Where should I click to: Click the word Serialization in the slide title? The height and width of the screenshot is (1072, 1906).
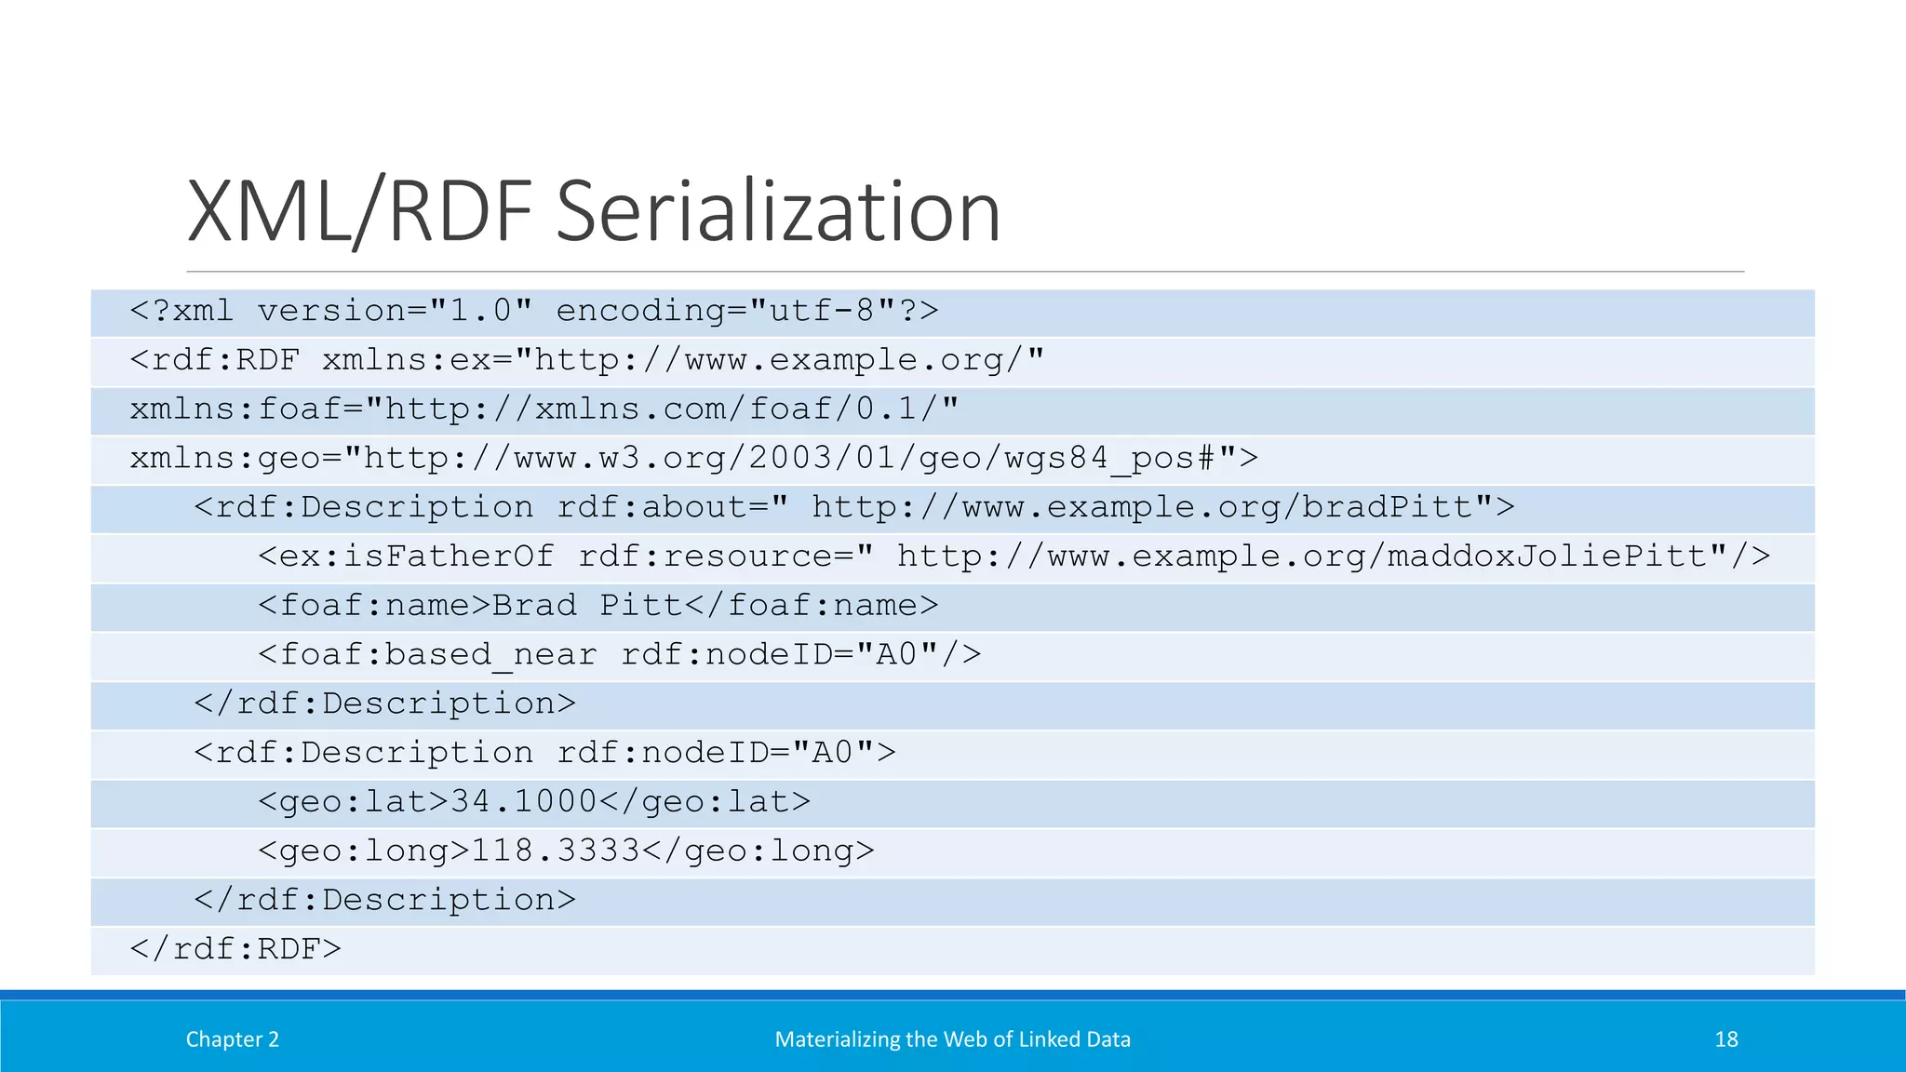(778, 212)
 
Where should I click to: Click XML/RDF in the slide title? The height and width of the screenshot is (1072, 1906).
(359, 212)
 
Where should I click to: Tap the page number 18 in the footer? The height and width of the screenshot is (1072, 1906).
(1725, 1039)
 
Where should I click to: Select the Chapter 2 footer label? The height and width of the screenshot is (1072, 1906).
(233, 1039)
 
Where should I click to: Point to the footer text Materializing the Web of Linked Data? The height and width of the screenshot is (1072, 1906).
(952, 1039)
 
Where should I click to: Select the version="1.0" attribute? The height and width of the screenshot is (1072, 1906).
(395, 311)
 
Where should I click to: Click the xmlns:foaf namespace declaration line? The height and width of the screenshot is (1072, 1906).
(544, 409)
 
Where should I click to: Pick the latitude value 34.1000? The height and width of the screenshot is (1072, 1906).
(523, 802)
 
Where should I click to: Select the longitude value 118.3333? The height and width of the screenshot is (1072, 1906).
(556, 851)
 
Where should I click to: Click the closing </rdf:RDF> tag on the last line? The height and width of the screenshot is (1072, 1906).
(235, 949)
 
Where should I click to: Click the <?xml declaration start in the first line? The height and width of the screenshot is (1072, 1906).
(182, 311)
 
